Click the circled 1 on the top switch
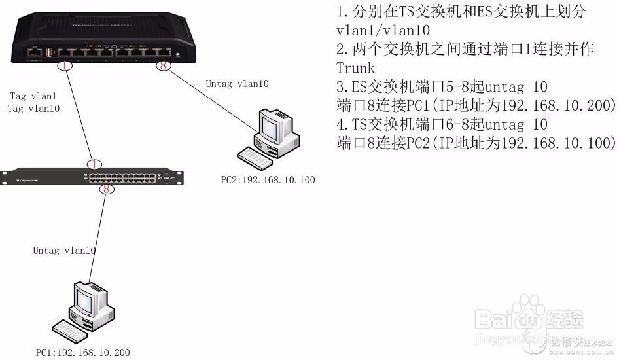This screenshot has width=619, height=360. click(63, 65)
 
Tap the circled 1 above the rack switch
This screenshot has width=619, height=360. click(95, 164)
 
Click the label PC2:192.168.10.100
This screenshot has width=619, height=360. click(268, 179)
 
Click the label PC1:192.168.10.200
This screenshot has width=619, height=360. click(82, 353)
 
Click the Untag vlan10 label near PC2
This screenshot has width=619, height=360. click(237, 84)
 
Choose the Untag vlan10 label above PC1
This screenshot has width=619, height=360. click(65, 251)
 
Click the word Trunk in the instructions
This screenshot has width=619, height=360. click(355, 68)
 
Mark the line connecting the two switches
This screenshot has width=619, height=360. click(79, 115)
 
